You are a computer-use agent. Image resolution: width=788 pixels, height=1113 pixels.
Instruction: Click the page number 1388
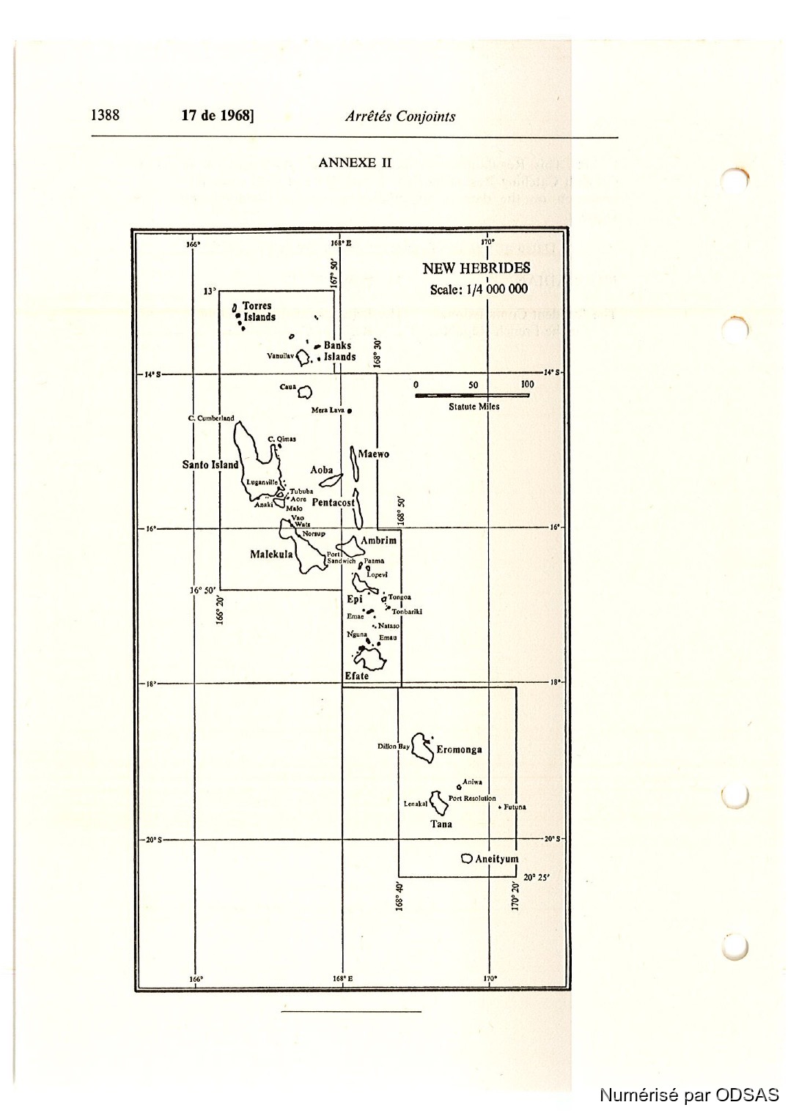105,115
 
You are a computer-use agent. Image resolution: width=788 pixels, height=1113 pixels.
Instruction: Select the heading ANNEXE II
355,163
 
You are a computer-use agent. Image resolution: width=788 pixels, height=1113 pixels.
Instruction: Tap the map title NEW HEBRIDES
476,268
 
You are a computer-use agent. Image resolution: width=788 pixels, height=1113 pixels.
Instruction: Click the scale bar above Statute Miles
472,396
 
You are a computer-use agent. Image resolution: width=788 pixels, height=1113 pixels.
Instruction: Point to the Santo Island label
210,465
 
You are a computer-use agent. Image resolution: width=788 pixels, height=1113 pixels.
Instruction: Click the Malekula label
270,555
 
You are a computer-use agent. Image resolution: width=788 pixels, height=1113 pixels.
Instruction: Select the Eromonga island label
459,750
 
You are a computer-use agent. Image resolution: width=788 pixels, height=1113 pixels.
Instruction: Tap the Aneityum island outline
466,858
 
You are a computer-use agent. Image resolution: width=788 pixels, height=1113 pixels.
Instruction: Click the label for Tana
441,824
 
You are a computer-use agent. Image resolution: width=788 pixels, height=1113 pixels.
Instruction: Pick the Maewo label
374,454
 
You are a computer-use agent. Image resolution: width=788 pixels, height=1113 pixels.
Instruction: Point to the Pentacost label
333,503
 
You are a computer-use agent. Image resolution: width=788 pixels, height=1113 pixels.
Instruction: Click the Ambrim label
378,541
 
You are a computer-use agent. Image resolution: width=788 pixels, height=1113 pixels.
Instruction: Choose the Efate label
357,676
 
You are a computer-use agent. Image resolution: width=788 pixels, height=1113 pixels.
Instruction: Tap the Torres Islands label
259,311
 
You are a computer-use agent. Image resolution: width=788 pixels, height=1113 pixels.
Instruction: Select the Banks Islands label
339,351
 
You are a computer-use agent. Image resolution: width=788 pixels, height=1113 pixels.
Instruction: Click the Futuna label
515,807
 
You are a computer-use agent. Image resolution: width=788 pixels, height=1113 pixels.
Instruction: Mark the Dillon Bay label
394,747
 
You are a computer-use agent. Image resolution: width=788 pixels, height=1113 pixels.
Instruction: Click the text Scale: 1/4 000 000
479,289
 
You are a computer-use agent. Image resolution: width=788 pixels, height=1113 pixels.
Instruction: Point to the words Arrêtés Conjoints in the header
399,116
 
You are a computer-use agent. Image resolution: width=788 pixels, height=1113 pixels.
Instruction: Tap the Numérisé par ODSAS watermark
689,1095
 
